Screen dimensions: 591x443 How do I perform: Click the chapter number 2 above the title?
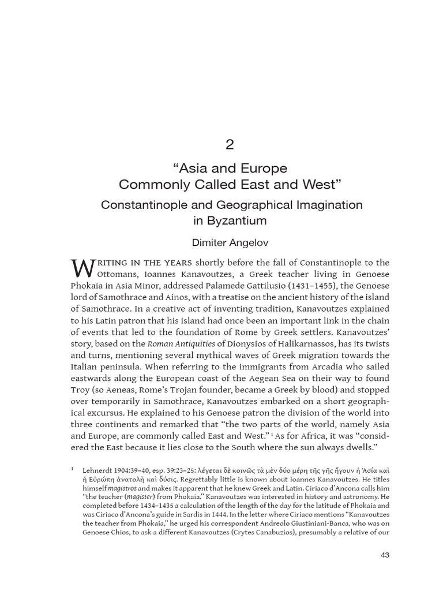[x=230, y=145]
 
